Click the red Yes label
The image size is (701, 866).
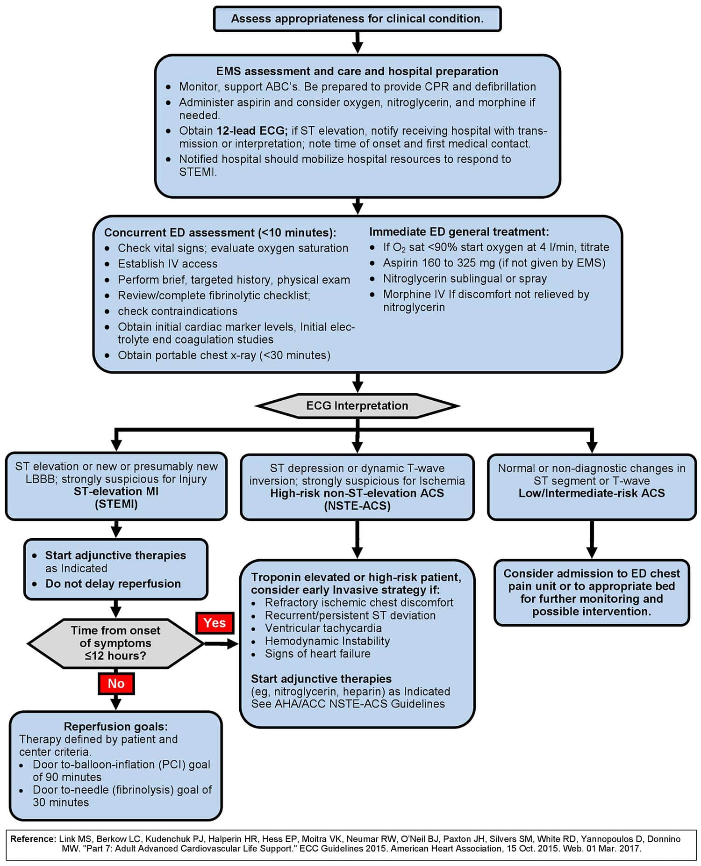tap(215, 623)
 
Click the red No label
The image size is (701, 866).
tap(116, 684)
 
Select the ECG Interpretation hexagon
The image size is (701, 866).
tap(357, 406)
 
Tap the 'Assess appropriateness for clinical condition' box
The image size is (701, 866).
tap(357, 19)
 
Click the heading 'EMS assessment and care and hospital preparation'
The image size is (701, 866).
tap(357, 72)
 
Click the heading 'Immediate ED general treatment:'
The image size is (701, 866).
tap(459, 232)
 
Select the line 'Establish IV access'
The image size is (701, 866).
tap(167, 264)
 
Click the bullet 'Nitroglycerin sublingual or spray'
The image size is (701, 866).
tap(465, 279)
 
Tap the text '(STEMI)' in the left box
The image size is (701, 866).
tap(116, 504)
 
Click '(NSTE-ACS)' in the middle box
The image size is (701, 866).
tap(357, 506)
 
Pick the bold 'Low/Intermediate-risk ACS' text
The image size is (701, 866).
tap(591, 493)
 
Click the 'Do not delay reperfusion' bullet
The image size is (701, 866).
tap(113, 584)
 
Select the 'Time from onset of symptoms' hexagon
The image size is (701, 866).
tap(115, 643)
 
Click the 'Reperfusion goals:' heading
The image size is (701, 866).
tap(115, 727)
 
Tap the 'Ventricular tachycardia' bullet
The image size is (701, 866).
tap(323, 628)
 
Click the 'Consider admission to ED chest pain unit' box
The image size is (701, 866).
tap(591, 592)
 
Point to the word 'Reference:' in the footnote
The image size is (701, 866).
tap(33, 839)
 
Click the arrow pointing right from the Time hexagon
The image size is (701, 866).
tap(222, 644)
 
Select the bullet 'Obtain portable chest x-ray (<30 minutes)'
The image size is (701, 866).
tap(224, 355)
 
